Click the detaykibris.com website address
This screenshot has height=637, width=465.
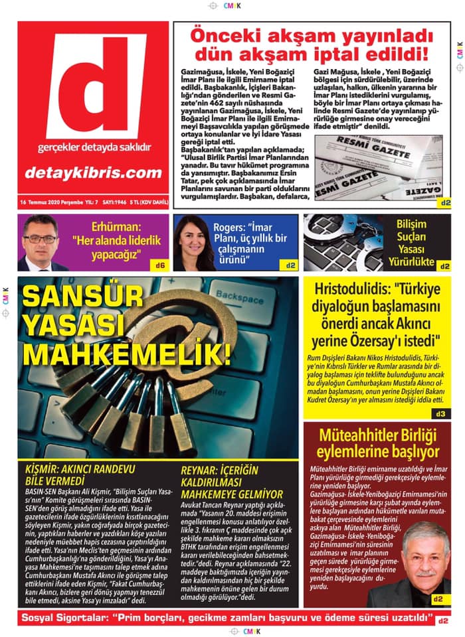tap(93, 173)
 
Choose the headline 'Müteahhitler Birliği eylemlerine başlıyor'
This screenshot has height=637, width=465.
tap(377, 443)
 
